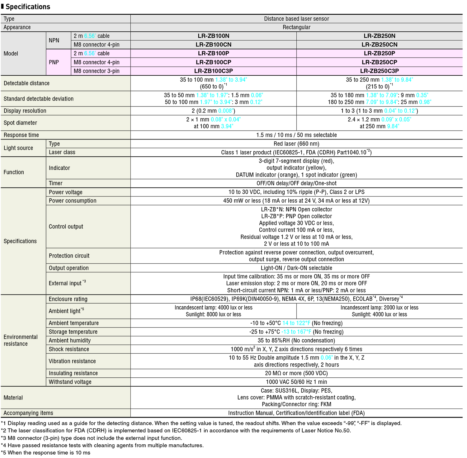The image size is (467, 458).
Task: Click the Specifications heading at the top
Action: (28, 7)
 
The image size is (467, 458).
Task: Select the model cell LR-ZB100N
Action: (213, 36)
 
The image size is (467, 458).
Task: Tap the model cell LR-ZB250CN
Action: (379, 45)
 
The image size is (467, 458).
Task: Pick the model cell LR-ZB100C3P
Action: (213, 71)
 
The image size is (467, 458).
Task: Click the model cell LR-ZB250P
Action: (379, 53)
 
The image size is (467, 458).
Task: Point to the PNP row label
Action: (54, 62)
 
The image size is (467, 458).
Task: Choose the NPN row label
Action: (54, 40)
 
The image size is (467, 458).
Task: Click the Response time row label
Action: (21, 135)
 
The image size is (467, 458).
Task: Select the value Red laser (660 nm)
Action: (296, 144)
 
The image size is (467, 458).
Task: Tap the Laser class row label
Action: (62, 152)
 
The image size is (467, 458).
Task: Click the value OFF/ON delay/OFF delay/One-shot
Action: (296, 183)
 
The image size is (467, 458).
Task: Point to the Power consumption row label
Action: (73, 201)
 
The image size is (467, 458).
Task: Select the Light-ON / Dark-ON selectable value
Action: (296, 268)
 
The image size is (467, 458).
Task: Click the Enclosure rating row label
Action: (68, 299)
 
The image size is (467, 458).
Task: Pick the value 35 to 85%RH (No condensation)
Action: (296, 341)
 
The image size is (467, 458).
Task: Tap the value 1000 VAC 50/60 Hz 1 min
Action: (296, 382)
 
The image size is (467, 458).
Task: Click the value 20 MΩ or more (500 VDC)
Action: (296, 373)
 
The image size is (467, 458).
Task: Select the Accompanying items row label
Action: (28, 413)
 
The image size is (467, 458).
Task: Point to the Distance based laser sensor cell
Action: (296, 19)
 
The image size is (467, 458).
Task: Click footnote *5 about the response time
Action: (46, 453)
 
